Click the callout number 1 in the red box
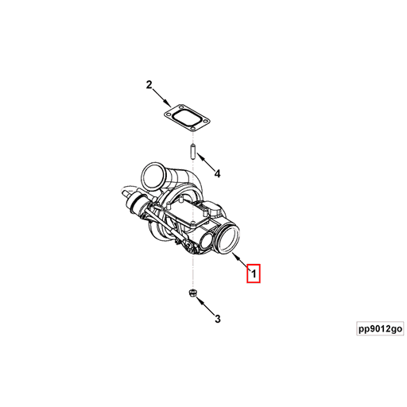coord(254,274)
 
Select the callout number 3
coord(216,320)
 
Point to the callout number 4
coord(216,172)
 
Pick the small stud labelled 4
coord(192,151)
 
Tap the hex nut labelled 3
coord(192,296)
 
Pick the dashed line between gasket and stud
coord(192,138)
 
